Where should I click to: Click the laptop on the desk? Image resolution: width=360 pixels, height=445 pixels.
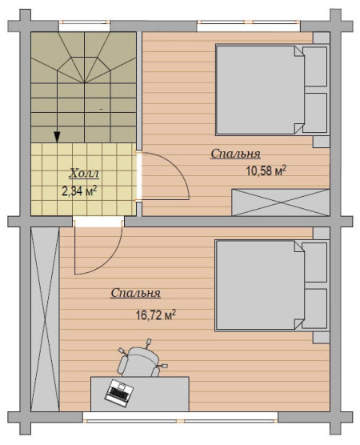click(120, 392)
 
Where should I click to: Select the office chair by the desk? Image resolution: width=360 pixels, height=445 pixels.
click(141, 360)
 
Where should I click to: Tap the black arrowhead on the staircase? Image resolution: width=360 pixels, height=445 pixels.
click(58, 137)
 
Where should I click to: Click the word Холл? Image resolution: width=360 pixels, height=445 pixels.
click(84, 174)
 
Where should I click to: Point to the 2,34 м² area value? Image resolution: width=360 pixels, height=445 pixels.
click(80, 191)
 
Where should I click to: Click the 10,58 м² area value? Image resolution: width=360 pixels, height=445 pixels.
click(266, 171)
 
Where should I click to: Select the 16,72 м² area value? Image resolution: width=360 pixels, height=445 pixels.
click(156, 315)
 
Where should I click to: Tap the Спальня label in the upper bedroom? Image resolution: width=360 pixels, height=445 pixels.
click(235, 154)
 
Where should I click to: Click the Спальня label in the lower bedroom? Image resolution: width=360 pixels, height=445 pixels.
click(136, 293)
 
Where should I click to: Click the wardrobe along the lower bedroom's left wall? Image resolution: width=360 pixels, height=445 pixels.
click(45, 319)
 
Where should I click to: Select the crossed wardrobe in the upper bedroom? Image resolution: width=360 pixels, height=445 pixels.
click(281, 202)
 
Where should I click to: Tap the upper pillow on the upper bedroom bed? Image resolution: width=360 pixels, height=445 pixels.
click(315, 66)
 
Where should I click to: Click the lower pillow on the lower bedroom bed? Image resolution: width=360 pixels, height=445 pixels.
click(315, 308)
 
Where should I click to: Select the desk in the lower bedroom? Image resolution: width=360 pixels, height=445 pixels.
click(139, 394)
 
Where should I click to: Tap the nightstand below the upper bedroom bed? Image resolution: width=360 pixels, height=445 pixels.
click(321, 142)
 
